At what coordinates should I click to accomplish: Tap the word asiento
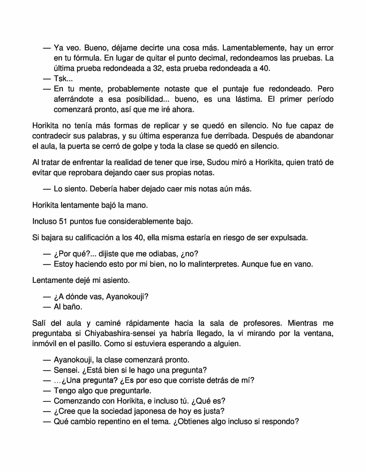click(115, 280)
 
